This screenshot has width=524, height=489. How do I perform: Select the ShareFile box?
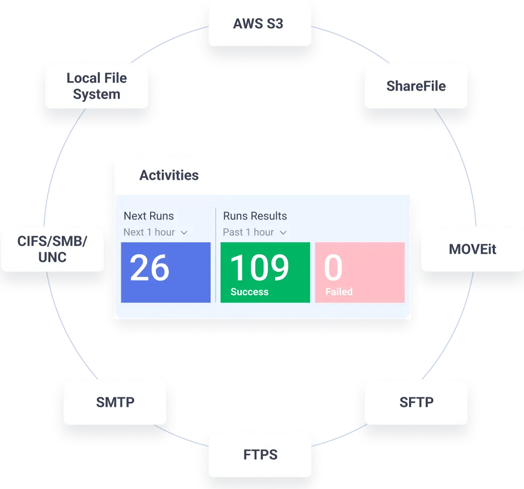pos(416,86)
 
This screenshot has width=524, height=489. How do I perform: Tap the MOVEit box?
pos(472,249)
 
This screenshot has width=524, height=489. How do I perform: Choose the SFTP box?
pos(416,402)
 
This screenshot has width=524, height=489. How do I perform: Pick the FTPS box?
pos(260,455)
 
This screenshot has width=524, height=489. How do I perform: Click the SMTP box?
pos(115,402)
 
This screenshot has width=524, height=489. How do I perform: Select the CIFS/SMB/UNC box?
pos(52,249)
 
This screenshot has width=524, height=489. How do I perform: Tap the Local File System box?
pos(97,86)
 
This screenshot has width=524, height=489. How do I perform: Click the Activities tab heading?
pos(169,175)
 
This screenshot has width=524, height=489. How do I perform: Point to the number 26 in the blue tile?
pos(149,268)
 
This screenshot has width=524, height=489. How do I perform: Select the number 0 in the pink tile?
pos(333,268)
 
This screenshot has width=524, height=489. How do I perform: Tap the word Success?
pos(249,292)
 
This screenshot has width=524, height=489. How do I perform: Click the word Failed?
pos(339,292)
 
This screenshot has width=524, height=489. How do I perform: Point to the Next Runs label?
pos(149,216)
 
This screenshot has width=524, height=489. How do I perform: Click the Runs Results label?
pos(255,216)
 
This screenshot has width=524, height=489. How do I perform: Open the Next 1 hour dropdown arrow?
pos(184,233)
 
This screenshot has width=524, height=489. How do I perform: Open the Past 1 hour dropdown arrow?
pos(283,233)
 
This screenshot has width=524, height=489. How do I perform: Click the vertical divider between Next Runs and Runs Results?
pos(216,254)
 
